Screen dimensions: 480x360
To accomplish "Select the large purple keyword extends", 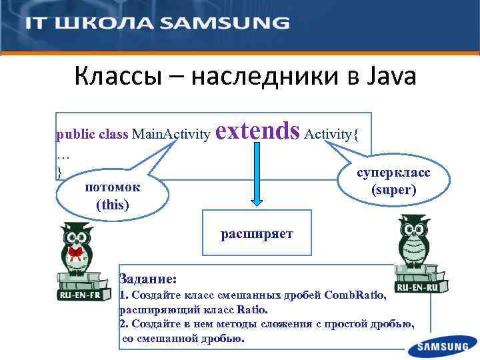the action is tap(258, 131).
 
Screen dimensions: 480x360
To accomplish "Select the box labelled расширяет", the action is tap(257, 234).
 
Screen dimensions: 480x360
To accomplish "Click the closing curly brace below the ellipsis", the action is tap(59, 171).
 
